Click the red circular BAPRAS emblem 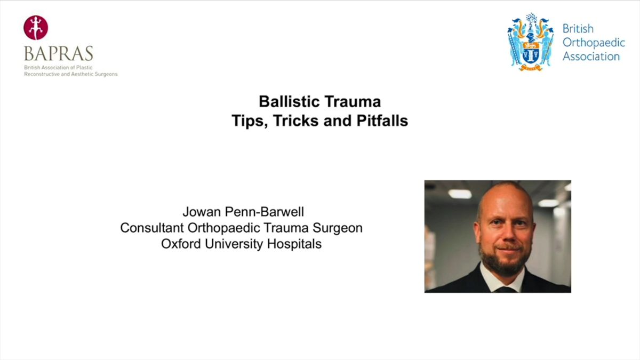pos(36,27)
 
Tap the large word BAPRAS pos(59,53)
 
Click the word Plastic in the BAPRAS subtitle pos(84,68)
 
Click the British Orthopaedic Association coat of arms pos(531,42)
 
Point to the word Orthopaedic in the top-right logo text pos(594,43)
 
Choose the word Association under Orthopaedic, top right pos(591,57)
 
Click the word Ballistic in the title pos(289,102)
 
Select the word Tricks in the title pos(295,121)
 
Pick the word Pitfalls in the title pos(382,121)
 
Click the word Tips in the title pos(250,121)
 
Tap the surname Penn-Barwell pos(265,212)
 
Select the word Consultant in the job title pos(152,228)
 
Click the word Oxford pos(181,244)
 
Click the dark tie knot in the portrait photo pos(506,290)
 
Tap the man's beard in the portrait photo pos(503,261)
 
